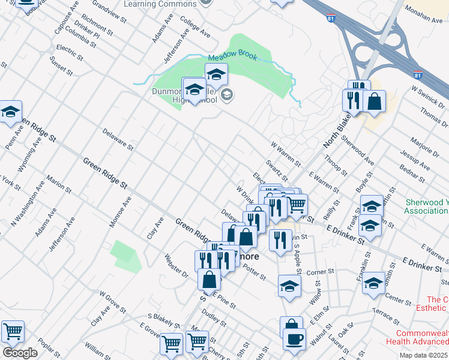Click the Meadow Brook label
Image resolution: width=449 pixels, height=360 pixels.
pyautogui.click(x=232, y=58)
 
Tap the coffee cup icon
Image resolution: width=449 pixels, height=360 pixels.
pyautogui.click(x=294, y=339)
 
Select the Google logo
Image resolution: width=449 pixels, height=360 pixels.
pyautogui.click(x=20, y=353)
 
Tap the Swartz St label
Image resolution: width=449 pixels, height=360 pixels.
pyautogui.click(x=277, y=172)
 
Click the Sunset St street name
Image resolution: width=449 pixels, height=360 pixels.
pyautogui.click(x=61, y=67)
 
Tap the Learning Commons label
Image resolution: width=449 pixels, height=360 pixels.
pyautogui.click(x=160, y=4)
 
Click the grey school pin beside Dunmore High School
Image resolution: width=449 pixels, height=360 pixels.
pyautogui.click(x=228, y=95)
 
